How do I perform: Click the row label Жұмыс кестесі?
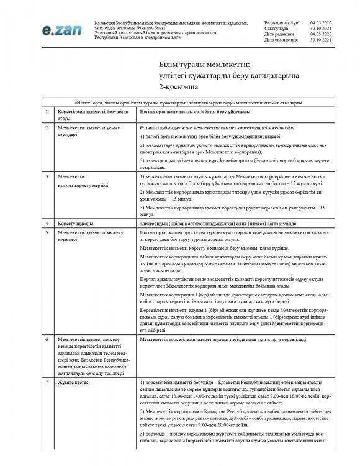[x=72, y=383]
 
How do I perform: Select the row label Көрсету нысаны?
[x=74, y=222]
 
